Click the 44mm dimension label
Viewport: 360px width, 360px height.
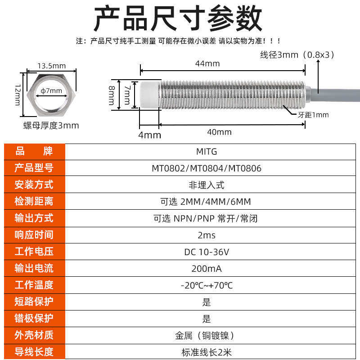tap(207, 63)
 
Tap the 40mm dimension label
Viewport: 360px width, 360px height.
tap(219, 132)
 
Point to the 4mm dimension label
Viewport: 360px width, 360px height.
tap(149, 135)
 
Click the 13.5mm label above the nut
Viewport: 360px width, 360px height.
tap(51, 66)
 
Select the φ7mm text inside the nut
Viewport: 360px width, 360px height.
tap(51, 91)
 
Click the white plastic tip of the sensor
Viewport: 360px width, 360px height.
tap(149, 94)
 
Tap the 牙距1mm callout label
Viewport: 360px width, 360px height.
tap(314, 115)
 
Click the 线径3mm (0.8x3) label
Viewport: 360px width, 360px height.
tap(297, 55)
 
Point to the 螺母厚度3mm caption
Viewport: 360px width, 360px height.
tap(51, 126)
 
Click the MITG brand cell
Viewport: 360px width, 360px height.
tap(207, 152)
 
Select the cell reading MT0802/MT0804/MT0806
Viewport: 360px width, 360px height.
tap(207, 168)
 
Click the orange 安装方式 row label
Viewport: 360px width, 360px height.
tap(34, 185)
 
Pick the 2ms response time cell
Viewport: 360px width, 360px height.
tap(207, 235)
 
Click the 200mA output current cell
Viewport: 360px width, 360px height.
tap(207, 269)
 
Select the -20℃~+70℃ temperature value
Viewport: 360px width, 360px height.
tap(207, 285)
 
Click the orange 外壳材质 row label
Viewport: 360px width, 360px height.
tap(34, 335)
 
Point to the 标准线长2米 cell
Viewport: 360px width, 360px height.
tap(207, 352)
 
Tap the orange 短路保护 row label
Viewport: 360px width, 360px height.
tap(34, 302)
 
